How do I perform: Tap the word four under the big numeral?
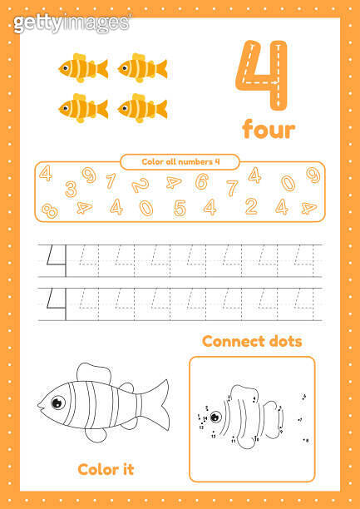point(268,131)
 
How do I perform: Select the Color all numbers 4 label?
point(180,161)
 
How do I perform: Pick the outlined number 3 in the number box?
point(71,189)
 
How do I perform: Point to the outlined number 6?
point(201,182)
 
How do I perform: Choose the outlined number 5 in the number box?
point(180,208)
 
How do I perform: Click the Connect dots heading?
point(251,341)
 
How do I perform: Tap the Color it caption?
point(106,469)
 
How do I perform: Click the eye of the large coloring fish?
point(57,402)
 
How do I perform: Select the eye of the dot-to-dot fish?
point(215,417)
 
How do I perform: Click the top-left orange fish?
point(83,67)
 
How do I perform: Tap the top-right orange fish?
point(142,67)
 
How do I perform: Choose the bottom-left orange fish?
point(83,107)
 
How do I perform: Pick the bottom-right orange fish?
point(142,107)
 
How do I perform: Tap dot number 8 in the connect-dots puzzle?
point(307,440)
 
